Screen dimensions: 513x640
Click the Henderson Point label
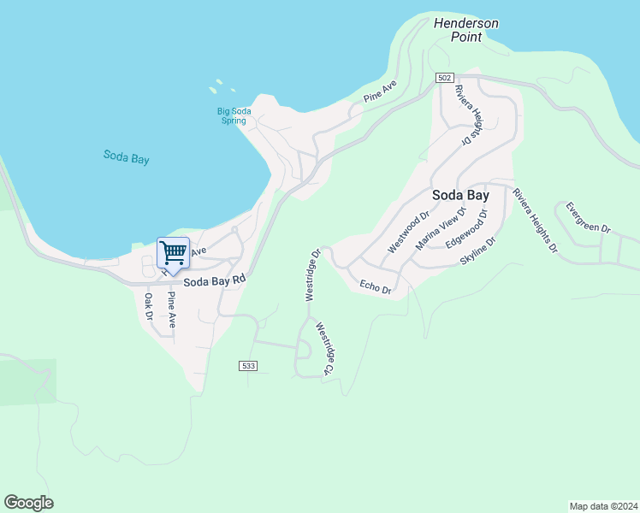[465, 30]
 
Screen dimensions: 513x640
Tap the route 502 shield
[443, 78]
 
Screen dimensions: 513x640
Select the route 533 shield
[248, 366]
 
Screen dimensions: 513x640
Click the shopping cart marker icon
[174, 253]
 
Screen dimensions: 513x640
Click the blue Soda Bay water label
[127, 156]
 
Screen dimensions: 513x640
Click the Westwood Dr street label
[407, 233]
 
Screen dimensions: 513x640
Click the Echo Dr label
[376, 287]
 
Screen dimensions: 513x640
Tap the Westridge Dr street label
[312, 274]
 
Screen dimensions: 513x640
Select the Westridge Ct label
[323, 349]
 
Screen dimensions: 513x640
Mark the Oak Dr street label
[148, 307]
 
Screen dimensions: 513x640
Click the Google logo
[28, 503]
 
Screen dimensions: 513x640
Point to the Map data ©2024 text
[603, 505]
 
